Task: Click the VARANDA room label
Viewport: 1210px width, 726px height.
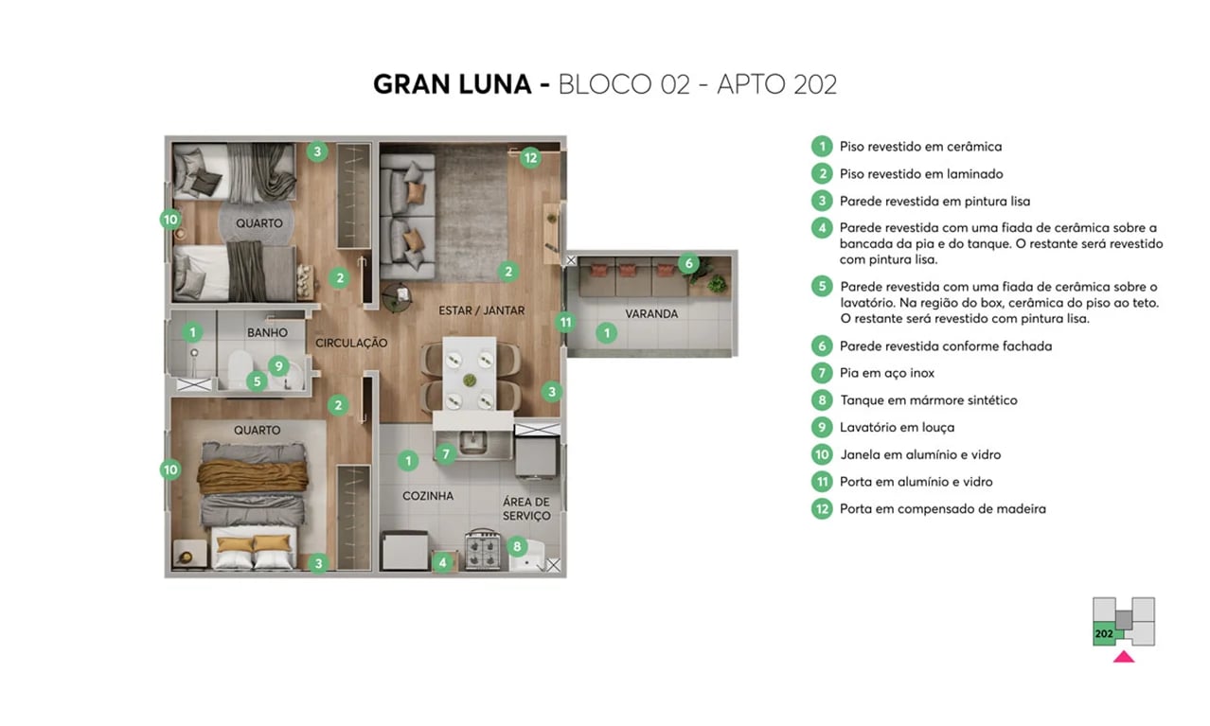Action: (651, 313)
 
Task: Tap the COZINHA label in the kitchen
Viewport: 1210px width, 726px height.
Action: (427, 496)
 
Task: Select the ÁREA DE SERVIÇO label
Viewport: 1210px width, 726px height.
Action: (526, 508)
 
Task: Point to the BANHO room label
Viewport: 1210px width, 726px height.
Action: (267, 332)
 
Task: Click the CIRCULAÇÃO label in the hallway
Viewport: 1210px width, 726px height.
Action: (351, 343)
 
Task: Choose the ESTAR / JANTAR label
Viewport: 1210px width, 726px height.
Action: (481, 310)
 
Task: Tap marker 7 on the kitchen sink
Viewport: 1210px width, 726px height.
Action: (447, 453)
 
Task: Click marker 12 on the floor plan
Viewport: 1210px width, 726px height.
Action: (530, 158)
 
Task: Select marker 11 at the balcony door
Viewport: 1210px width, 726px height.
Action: (565, 322)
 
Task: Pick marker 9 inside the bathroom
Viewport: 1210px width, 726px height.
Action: (277, 364)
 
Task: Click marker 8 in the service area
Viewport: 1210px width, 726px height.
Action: (516, 545)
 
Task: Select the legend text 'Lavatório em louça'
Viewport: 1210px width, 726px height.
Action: (897, 427)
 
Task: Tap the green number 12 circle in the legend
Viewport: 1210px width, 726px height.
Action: (821, 508)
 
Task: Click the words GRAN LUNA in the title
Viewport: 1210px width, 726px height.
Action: (452, 84)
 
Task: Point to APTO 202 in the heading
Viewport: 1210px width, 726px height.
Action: (776, 84)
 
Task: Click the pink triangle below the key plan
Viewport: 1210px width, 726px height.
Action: (1123, 656)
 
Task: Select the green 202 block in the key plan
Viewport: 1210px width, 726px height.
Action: (1104, 633)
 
